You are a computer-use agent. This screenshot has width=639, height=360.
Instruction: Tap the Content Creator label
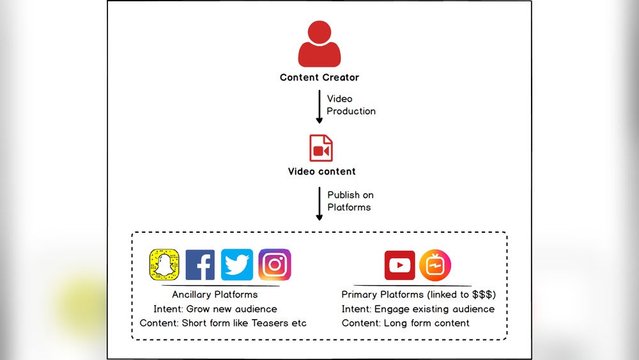(x=319, y=77)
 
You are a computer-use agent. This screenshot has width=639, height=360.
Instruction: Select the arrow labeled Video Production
(x=319, y=107)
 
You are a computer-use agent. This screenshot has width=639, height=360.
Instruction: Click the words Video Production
(x=351, y=105)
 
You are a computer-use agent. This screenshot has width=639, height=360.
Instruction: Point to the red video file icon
(x=320, y=148)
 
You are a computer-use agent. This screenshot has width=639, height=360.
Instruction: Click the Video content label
(x=321, y=171)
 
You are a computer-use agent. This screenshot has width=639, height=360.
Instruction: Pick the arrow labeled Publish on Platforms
(x=319, y=203)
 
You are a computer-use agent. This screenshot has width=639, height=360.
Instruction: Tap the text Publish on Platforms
(x=350, y=201)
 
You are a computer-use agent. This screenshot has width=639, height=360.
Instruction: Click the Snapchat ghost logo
(x=164, y=265)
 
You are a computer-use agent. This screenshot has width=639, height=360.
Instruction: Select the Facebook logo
(x=200, y=265)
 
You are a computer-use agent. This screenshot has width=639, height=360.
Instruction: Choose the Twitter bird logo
(x=237, y=265)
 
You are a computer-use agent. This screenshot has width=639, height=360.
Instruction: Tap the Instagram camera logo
(x=275, y=265)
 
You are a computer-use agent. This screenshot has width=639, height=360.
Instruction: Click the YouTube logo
(x=400, y=265)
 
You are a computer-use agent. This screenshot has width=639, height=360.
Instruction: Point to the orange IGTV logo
(x=435, y=265)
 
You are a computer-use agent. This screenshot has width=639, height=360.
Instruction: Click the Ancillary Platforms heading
(x=215, y=295)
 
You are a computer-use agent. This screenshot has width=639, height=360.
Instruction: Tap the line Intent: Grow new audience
(x=215, y=309)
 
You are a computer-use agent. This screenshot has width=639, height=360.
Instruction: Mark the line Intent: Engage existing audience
(x=418, y=309)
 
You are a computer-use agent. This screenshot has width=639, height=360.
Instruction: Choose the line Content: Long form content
(x=405, y=323)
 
